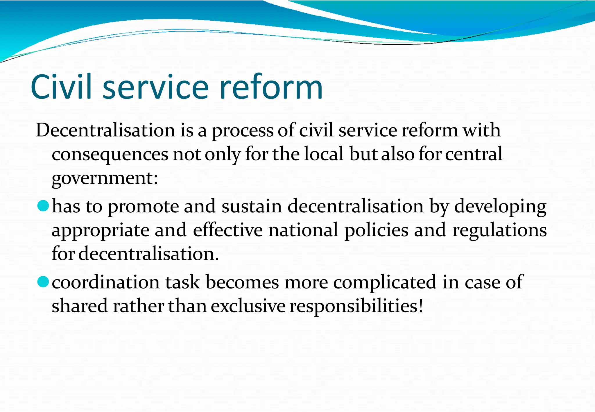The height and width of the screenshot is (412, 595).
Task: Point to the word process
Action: coord(242,131)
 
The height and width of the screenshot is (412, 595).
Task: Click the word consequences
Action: coord(110,154)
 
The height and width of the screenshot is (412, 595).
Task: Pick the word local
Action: coord(324,154)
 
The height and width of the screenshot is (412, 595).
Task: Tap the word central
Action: coord(474,154)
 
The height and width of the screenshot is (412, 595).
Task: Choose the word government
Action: coord(105,178)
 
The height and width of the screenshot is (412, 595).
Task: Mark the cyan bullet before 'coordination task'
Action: coord(43,282)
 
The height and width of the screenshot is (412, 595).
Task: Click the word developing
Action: coord(500,207)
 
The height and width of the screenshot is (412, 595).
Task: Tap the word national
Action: coord(303,230)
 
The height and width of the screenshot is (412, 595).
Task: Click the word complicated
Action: coord(385,283)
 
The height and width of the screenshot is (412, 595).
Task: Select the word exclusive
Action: coord(248,306)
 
